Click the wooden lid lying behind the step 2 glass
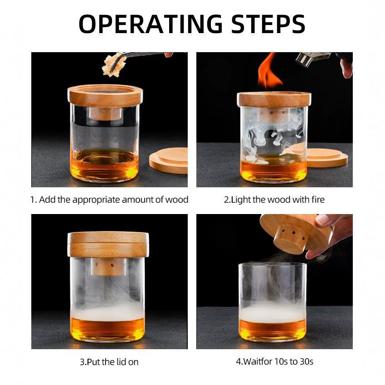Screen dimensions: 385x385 [x=327, y=156]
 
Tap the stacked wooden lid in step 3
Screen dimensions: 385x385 [x=108, y=244]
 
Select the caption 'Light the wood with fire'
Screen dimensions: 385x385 [x=274, y=200]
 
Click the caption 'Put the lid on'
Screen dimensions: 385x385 [x=109, y=362]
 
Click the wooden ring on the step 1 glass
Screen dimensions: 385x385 [x=105, y=95]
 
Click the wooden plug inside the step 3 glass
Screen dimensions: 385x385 [x=107, y=267]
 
